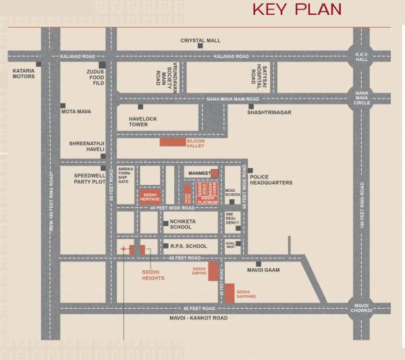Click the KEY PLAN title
point(296,9)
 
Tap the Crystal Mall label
point(200,41)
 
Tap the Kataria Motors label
point(24,72)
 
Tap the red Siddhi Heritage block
point(150,197)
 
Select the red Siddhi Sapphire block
point(230,293)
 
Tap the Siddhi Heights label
point(153,274)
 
